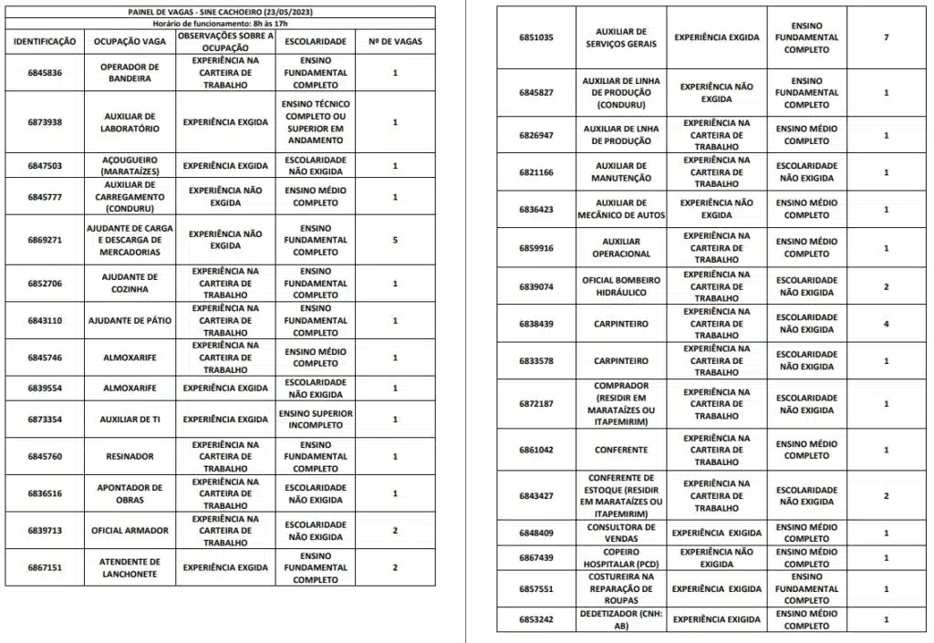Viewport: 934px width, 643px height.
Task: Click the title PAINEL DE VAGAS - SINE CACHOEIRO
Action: click(220, 11)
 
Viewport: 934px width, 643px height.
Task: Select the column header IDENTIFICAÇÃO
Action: click(45, 42)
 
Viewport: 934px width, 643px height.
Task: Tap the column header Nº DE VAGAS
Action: click(394, 42)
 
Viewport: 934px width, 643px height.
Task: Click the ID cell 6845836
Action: click(45, 72)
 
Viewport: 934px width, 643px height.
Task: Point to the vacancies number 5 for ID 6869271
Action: click(394, 240)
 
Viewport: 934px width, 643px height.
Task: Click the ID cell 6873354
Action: click(45, 420)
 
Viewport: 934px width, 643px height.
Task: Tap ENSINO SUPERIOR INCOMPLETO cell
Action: click(315, 420)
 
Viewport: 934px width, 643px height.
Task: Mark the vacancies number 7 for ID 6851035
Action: click(886, 37)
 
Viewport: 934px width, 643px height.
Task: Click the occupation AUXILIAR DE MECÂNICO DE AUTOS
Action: click(621, 209)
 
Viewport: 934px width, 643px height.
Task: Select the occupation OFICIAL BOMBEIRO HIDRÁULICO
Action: click(621, 286)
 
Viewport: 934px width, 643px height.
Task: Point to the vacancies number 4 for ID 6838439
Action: click(886, 324)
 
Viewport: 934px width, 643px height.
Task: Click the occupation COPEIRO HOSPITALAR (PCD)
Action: click(621, 557)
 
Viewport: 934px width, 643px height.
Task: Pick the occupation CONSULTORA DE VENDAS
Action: click(621, 533)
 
